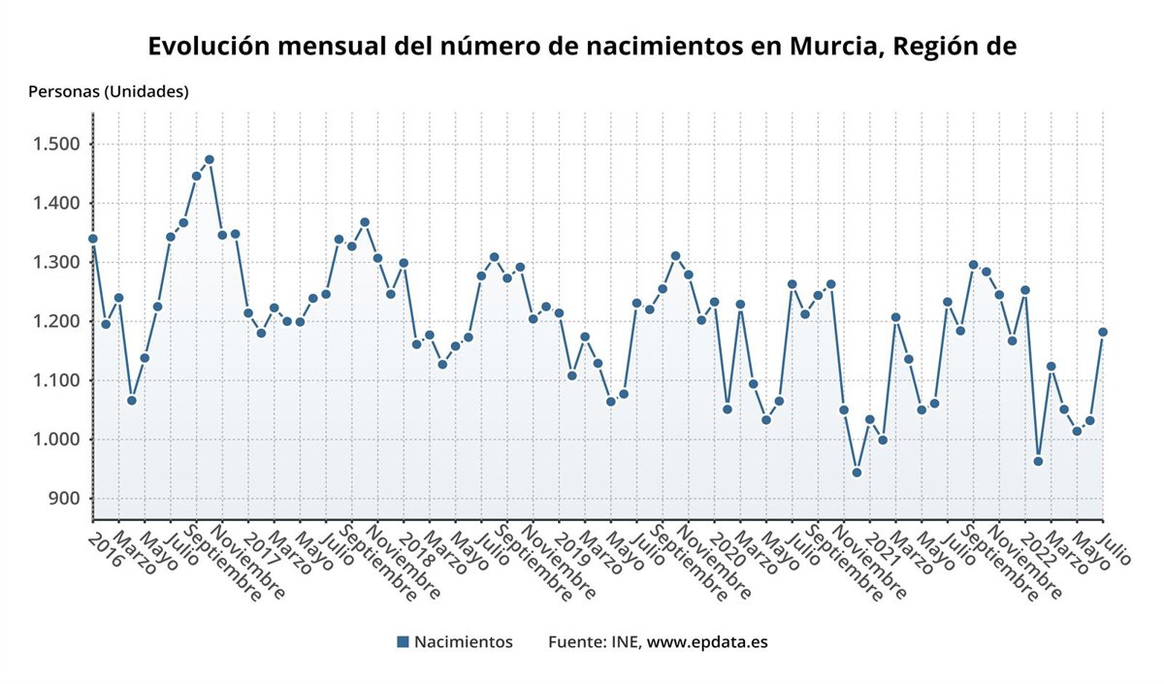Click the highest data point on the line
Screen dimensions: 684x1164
point(210,159)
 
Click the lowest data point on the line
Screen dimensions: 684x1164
point(857,472)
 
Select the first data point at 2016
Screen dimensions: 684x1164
point(93,239)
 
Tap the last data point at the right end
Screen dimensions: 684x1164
point(1103,332)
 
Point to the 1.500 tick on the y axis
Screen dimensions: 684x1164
point(58,145)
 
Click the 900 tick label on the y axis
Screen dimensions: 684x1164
point(65,499)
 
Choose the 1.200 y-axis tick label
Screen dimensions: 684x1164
point(58,321)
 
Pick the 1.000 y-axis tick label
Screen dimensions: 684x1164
point(58,440)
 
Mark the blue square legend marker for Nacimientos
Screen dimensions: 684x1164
point(403,641)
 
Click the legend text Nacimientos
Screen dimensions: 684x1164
point(463,641)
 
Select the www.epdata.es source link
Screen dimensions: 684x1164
point(707,641)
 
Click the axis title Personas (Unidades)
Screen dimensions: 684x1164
point(109,92)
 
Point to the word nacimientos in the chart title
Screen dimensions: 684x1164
point(669,47)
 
